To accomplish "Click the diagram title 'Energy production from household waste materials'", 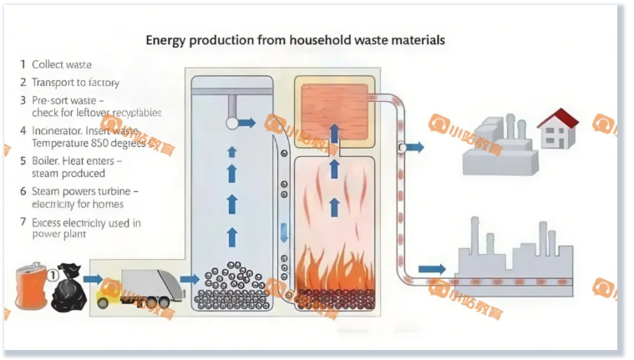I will click(x=295, y=40).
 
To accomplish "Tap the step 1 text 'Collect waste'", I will click(x=62, y=64).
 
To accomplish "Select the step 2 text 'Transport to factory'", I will click(x=75, y=83).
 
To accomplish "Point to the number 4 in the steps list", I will click(x=23, y=131).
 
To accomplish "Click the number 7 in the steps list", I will click(x=23, y=223).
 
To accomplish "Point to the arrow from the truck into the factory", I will click(x=190, y=279).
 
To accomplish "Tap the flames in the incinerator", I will click(x=334, y=263).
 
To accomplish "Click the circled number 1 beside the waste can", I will click(x=52, y=271).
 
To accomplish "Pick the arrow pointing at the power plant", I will click(x=431, y=269).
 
